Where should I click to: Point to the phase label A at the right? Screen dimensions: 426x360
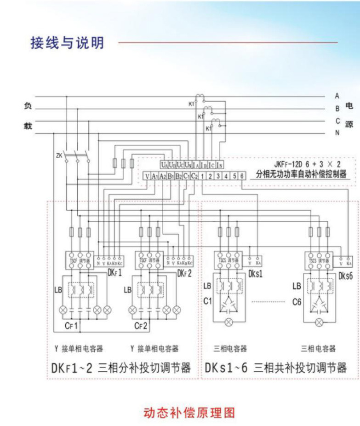(337, 96)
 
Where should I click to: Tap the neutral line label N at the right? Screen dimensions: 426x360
(337, 133)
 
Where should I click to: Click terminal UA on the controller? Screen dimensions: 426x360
(165, 164)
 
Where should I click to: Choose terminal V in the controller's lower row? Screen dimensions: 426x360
(147, 176)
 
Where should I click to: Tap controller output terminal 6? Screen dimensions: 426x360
(242, 176)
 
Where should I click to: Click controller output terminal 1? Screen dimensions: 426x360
(202, 176)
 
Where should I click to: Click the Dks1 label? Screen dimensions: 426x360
(255, 274)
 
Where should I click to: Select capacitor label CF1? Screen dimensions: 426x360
(74, 326)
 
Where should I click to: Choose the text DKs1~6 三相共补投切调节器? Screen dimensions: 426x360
(276, 368)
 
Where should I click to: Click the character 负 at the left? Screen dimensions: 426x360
(28, 106)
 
